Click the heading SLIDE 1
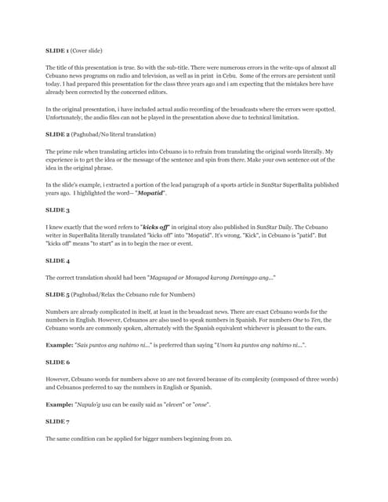pos(57,50)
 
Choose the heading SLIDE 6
pos(57,363)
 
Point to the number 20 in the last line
pos(227,438)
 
